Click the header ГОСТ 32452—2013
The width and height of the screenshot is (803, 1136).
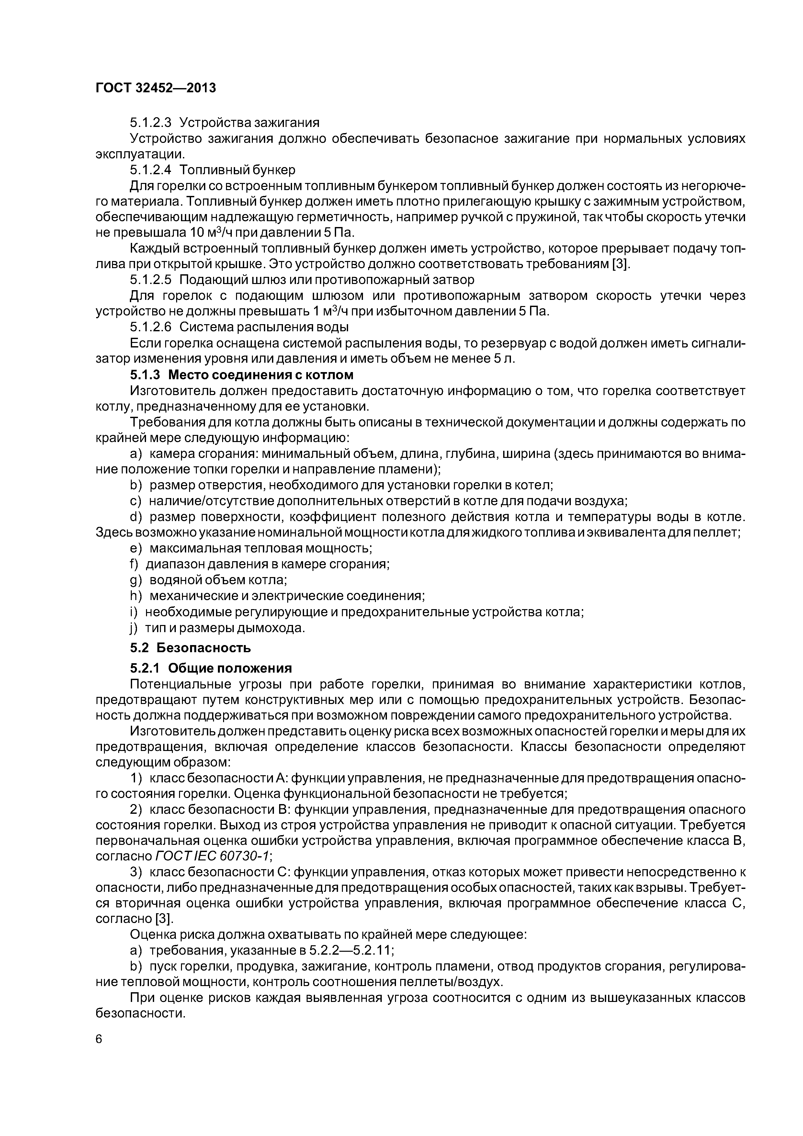(x=156, y=88)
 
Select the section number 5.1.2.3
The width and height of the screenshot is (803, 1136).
(x=151, y=122)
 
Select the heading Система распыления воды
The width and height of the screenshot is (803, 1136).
(x=264, y=327)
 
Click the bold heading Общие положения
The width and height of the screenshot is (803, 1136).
(x=230, y=668)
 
